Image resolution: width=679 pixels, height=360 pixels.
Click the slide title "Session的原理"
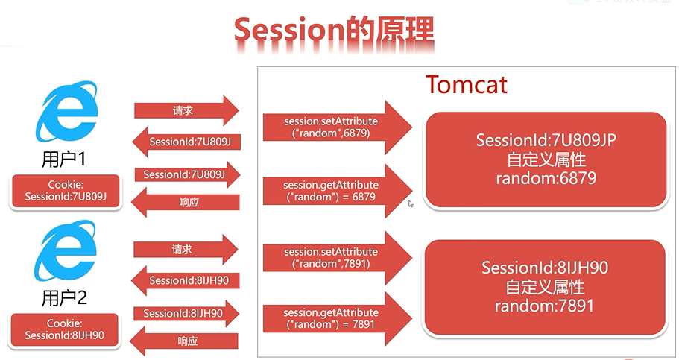pos(334,30)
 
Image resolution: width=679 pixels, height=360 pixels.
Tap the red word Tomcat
pos(467,84)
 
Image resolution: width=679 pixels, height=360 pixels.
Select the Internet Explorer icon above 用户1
pos(66,111)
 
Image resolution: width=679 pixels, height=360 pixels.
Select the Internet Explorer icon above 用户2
pos(66,250)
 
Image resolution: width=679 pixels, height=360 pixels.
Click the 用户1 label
pos(63,160)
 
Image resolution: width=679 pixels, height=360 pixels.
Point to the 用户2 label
pos(64,298)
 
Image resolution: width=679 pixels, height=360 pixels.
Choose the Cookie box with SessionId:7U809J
pos(66,191)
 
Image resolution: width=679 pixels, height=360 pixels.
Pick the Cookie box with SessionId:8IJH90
pos(65,329)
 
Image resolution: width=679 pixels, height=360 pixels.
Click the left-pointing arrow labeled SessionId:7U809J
pos(186,142)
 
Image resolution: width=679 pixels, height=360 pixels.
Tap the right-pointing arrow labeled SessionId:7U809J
pos(187,175)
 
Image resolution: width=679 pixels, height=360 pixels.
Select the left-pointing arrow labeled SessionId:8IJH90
pos(186,281)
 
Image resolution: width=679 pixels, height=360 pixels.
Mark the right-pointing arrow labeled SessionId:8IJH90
pos(186,314)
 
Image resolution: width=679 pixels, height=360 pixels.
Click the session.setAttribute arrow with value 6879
pos(338,127)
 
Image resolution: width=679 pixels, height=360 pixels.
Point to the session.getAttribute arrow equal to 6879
pos(338,191)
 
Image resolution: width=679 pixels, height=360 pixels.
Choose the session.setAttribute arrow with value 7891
pos(338,258)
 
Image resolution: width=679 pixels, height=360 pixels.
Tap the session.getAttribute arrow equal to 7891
pos(338,319)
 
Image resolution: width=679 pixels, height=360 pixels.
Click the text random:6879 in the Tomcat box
pos(546,178)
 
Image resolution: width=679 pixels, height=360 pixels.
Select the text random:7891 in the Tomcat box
pos(544,306)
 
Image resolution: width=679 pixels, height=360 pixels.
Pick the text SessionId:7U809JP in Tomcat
pos(546,140)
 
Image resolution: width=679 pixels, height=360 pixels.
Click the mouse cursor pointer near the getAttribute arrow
pos(411,203)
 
